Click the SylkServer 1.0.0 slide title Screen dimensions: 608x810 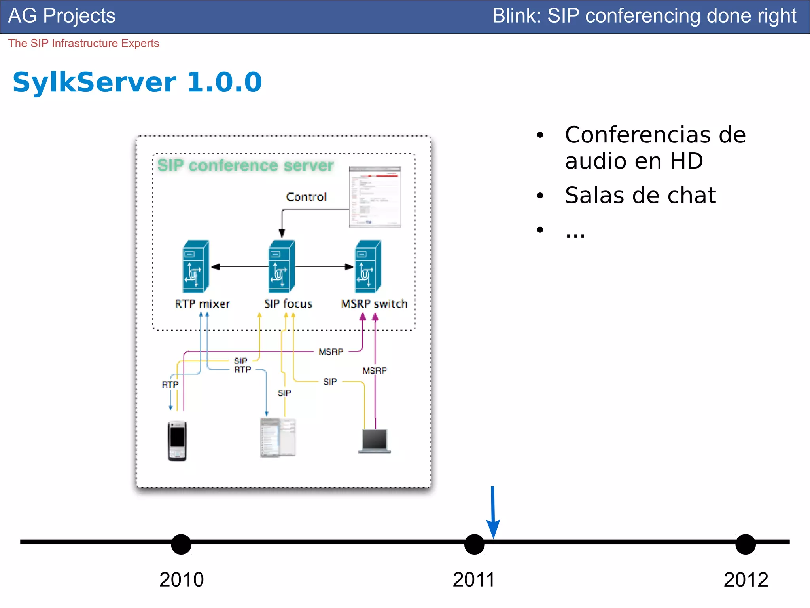point(137,82)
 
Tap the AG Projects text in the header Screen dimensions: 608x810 point(62,16)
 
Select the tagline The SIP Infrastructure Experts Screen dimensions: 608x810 point(83,43)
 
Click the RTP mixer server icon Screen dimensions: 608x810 point(196,266)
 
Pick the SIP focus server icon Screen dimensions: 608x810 point(282,266)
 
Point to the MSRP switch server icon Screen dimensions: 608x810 point(368,266)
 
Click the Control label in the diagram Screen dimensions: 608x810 point(306,197)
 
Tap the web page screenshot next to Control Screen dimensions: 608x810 point(375,197)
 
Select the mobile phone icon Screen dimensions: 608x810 point(177,441)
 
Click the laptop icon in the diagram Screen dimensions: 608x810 point(375,441)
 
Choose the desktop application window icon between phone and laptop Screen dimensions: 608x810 point(278,437)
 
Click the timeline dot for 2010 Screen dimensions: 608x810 point(181,544)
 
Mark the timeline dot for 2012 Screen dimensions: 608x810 point(746,544)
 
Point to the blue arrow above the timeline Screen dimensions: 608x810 point(493,513)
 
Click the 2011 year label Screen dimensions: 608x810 point(474,580)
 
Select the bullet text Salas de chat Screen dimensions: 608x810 point(640,195)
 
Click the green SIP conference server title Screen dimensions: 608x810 point(245,165)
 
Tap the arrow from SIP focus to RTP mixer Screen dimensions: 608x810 point(239,267)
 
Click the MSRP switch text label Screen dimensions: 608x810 point(374,304)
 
